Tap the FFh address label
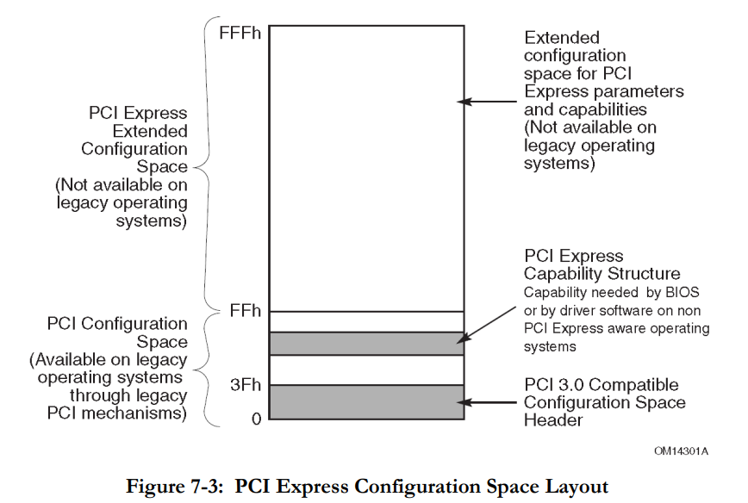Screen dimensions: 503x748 (246, 310)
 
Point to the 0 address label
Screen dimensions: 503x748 (256, 418)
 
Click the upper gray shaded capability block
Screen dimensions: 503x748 (366, 343)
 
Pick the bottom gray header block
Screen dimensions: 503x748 (366, 402)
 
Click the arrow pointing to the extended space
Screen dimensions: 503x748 (489, 102)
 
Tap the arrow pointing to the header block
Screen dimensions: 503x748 (489, 401)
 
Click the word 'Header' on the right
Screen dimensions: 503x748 (552, 420)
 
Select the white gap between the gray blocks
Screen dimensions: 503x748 (366, 369)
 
